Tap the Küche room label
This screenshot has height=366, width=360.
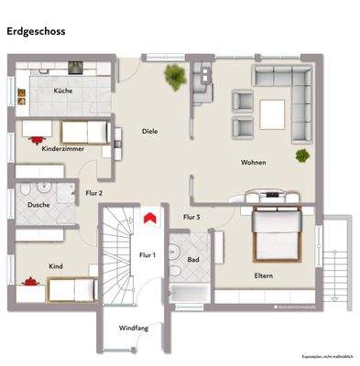[63, 91]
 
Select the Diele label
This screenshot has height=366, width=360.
[149, 131]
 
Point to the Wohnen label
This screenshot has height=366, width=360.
[254, 162]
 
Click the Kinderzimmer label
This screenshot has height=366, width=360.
[63, 147]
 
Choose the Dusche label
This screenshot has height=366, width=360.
[38, 206]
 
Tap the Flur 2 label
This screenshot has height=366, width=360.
[93, 193]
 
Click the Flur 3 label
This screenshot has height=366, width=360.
[191, 217]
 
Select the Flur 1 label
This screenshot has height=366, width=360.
[147, 254]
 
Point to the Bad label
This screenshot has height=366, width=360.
[193, 260]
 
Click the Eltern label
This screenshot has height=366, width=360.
[266, 275]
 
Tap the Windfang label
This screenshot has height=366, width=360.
[134, 328]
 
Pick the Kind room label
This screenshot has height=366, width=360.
[56, 266]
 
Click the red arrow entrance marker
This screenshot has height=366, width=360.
[147, 217]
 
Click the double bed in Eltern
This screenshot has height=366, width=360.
[275, 233]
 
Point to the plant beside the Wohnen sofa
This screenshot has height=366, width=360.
[300, 156]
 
